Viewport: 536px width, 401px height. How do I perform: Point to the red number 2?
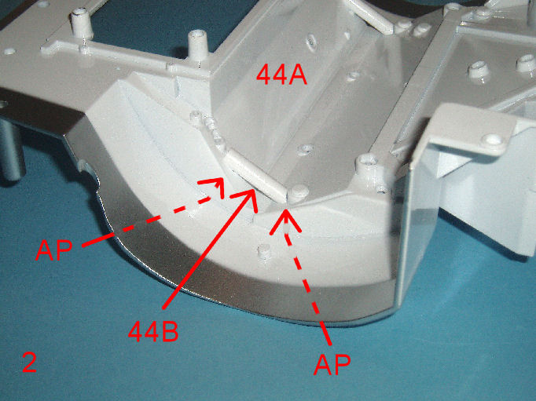pos(30,363)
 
